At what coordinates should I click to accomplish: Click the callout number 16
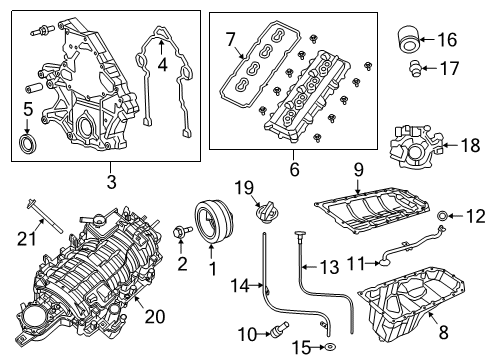tap(446, 40)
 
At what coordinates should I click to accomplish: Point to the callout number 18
tap(466, 146)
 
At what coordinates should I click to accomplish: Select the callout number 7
tap(230, 40)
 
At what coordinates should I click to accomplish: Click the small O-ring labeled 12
tap(443, 214)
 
